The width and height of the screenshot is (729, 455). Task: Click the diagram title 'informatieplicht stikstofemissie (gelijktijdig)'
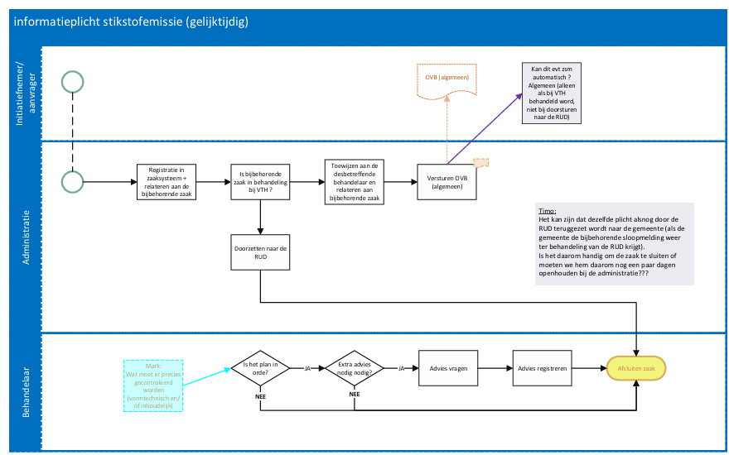(x=131, y=22)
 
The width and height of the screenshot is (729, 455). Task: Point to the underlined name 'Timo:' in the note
(x=548, y=211)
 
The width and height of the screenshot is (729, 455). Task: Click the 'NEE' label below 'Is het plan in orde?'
(x=260, y=396)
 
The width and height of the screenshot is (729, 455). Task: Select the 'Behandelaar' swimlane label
(x=26, y=392)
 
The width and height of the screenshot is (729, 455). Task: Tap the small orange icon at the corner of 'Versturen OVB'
(x=480, y=162)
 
